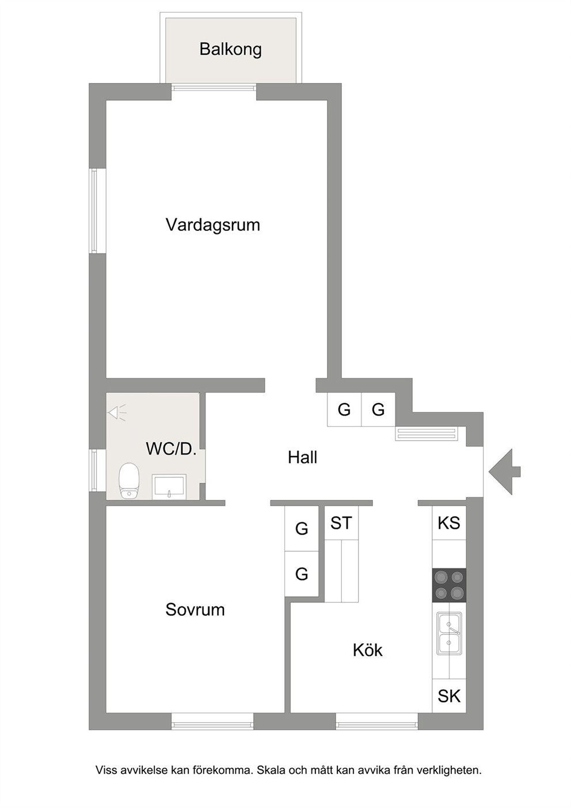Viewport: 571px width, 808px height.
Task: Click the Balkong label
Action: (230, 50)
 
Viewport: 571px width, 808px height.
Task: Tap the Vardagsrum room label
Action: (212, 225)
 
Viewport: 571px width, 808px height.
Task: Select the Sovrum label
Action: (195, 610)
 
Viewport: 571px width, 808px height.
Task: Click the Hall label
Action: (302, 457)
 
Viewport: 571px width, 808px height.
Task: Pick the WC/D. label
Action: (171, 449)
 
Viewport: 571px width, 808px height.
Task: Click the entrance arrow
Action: (504, 472)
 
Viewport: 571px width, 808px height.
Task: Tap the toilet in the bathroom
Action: (129, 481)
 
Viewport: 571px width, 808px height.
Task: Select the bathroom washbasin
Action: (169, 487)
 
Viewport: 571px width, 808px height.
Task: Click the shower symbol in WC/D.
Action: (117, 413)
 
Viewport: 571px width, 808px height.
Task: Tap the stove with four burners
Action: (449, 585)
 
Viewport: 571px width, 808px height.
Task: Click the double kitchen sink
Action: (449, 633)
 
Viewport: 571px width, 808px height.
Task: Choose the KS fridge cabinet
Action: (449, 523)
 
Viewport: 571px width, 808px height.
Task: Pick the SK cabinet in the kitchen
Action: (449, 696)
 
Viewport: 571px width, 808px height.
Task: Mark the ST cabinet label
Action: (341, 523)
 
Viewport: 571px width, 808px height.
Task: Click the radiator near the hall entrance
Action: (427, 433)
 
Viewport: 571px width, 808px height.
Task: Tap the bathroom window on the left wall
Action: (94, 470)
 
